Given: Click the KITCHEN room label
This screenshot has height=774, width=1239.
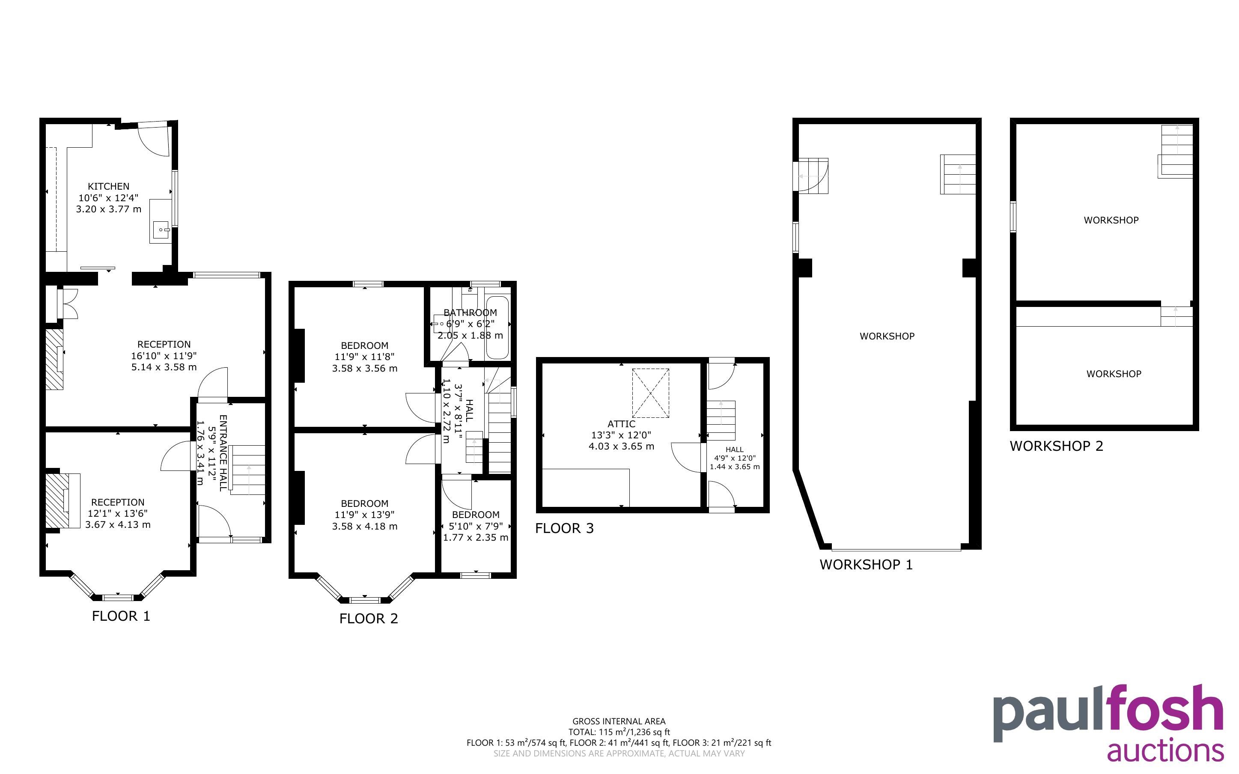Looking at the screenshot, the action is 108,186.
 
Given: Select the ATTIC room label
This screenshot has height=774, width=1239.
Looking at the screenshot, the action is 621,424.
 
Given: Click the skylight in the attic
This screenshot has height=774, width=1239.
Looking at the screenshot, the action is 650,393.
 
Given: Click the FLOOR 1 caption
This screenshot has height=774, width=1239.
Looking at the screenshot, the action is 121,616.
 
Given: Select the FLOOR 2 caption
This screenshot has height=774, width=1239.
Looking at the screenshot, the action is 369,618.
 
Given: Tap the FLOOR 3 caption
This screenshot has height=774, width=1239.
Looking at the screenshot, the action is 564,528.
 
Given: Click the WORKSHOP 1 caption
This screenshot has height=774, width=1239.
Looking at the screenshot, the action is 866,565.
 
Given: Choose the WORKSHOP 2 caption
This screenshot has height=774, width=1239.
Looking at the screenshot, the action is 1056,446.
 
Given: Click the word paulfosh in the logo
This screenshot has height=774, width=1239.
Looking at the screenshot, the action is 1108,713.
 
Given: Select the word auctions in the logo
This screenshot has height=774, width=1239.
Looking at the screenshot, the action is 1166,751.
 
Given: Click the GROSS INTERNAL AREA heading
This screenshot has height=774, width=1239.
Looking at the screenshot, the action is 619,721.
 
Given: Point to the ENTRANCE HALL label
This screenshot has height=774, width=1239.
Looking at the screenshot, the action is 223,452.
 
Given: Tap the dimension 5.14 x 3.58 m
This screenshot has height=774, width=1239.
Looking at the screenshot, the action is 164,367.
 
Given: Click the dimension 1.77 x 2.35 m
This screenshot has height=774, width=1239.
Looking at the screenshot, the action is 476,538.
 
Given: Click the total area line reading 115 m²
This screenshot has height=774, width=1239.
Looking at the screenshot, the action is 619,732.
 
